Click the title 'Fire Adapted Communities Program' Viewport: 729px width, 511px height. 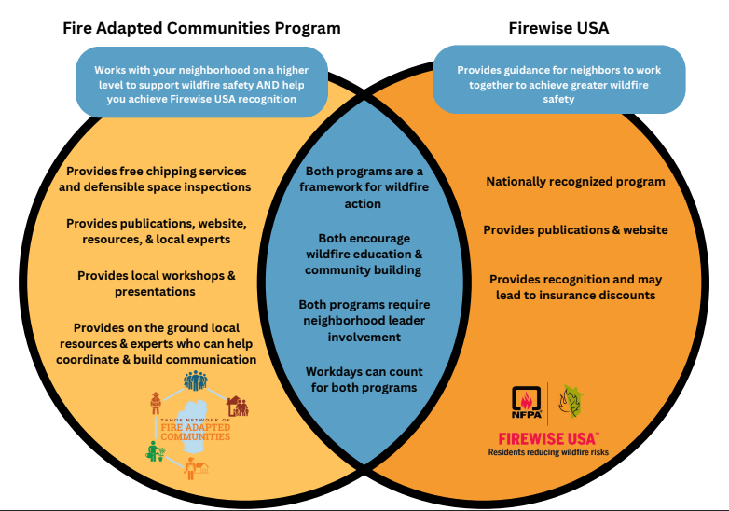201,28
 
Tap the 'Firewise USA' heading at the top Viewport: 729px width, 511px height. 558,28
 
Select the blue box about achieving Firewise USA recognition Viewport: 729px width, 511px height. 201,82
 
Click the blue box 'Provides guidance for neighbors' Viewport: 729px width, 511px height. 558,80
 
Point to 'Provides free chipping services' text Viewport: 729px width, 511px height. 157,171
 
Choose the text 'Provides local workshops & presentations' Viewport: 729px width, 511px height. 157,283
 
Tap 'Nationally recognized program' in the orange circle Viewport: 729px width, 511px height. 575,181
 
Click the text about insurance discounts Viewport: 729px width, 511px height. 575,287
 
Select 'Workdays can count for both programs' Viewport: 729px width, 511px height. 364,380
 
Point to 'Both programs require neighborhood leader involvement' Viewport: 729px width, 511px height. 364,321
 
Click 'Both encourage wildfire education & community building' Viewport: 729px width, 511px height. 364,254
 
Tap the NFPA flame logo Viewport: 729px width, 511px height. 527,402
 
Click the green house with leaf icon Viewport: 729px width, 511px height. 571,401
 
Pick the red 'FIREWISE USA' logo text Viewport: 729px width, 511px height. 547,438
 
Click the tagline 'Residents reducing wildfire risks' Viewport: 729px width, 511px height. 548,452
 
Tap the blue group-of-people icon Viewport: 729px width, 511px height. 195,380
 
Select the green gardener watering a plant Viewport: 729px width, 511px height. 156,451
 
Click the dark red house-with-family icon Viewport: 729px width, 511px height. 238,407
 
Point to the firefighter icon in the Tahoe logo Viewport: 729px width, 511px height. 156,403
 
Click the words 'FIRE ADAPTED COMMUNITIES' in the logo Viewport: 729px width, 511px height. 195,432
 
